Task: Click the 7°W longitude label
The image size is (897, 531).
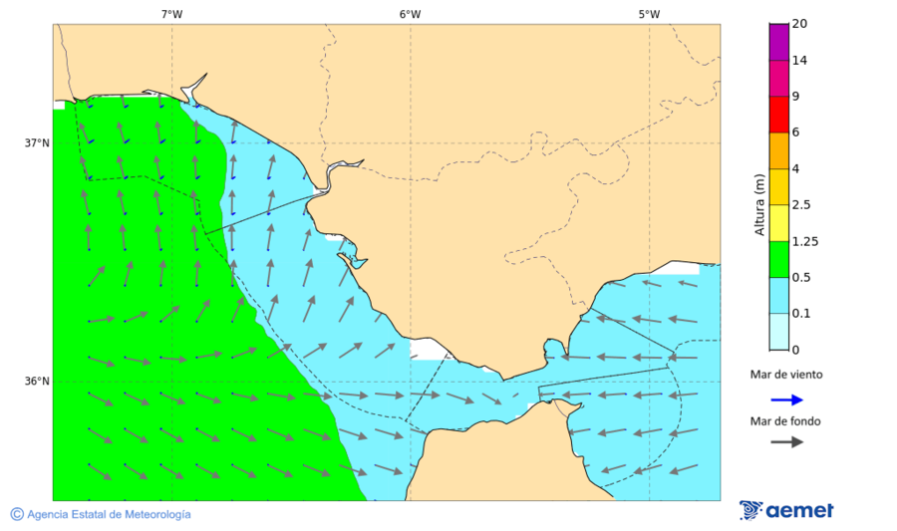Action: pyautogui.click(x=171, y=14)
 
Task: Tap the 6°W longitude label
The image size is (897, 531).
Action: pyautogui.click(x=410, y=14)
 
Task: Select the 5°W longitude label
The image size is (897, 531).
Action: pyautogui.click(x=649, y=14)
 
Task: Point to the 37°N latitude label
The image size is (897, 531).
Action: pyautogui.click(x=37, y=142)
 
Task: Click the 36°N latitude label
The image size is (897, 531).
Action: pyautogui.click(x=37, y=381)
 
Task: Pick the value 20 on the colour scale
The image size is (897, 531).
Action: pyautogui.click(x=799, y=24)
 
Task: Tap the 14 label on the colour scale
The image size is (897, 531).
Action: pyautogui.click(x=799, y=60)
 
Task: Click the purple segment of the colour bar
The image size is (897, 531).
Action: pyautogui.click(x=778, y=42)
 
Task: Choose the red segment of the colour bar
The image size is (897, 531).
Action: pyautogui.click(x=778, y=115)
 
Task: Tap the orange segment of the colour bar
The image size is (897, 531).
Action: pyautogui.click(x=778, y=150)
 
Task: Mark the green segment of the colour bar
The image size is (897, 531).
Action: pyautogui.click(x=778, y=259)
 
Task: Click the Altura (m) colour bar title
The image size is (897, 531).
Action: pyautogui.click(x=759, y=205)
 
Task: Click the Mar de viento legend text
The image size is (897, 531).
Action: pyautogui.click(x=786, y=375)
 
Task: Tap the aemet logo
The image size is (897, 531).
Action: pyautogui.click(x=786, y=510)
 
